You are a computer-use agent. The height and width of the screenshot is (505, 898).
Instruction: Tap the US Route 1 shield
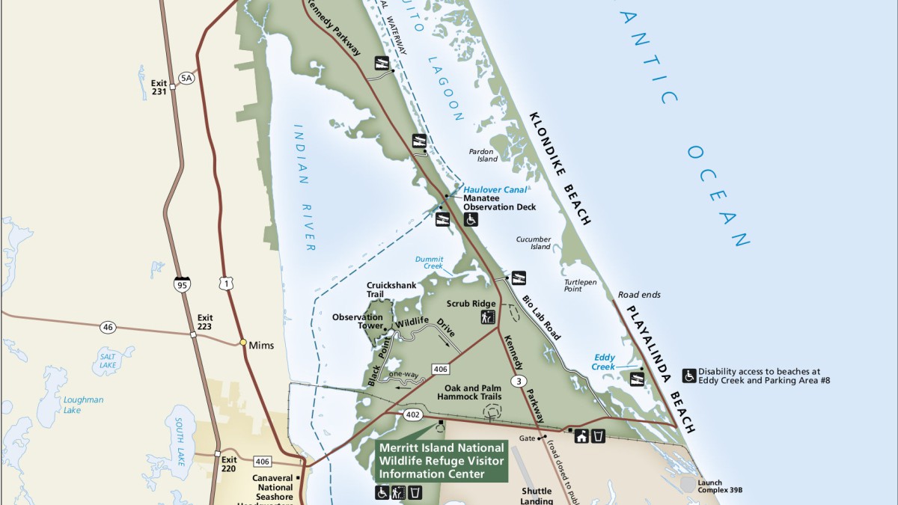[225, 283]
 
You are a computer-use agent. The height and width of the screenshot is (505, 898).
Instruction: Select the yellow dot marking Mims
[243, 343]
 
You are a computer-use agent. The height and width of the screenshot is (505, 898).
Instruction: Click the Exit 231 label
[158, 88]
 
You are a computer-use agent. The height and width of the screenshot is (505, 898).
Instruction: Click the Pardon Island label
[483, 155]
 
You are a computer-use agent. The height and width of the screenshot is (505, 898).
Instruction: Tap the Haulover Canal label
[495, 190]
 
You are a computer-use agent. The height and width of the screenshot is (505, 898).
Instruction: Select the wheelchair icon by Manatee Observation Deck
[471, 219]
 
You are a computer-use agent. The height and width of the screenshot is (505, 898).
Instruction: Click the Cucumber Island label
[534, 243]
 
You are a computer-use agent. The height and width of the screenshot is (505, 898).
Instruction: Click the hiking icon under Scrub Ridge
[488, 317]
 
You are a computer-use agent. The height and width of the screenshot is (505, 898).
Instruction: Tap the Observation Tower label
[358, 322]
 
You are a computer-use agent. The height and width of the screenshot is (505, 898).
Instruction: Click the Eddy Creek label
[605, 362]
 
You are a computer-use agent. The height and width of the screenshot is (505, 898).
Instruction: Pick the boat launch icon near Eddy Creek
[638, 378]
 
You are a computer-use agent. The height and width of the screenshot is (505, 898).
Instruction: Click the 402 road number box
[413, 414]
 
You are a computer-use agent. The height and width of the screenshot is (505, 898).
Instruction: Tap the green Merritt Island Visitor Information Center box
[442, 460]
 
